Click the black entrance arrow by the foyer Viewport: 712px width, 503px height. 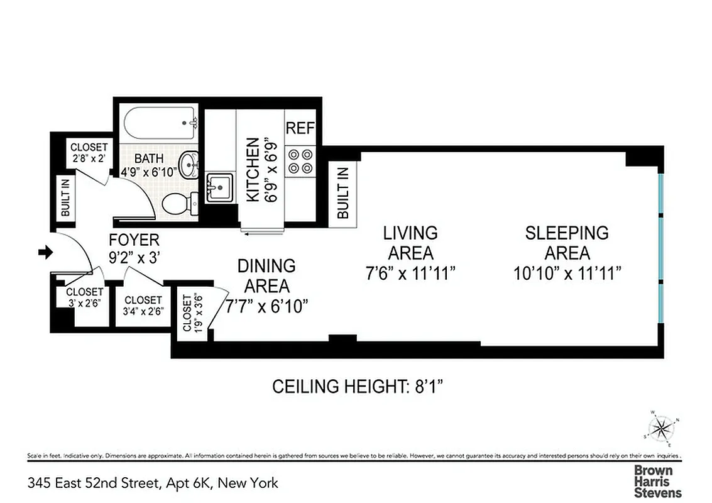(x=45, y=252)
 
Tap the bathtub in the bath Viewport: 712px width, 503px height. (x=159, y=124)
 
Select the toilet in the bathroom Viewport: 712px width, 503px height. (x=177, y=204)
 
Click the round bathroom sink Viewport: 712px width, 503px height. (x=188, y=165)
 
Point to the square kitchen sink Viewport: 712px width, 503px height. (x=219, y=187)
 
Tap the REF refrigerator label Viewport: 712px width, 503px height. (x=300, y=128)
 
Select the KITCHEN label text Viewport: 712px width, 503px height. (x=251, y=170)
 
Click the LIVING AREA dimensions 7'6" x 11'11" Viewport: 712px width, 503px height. (x=410, y=273)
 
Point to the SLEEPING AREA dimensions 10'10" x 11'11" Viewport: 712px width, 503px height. (x=566, y=273)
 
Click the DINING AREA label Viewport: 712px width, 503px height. (x=266, y=275)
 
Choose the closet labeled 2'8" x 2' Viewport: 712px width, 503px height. (x=89, y=153)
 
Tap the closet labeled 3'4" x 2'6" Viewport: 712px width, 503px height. (x=143, y=306)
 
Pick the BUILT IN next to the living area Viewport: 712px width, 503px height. (x=342, y=192)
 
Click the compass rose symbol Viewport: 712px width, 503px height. (x=660, y=429)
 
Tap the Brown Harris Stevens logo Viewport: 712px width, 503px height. (x=657, y=481)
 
